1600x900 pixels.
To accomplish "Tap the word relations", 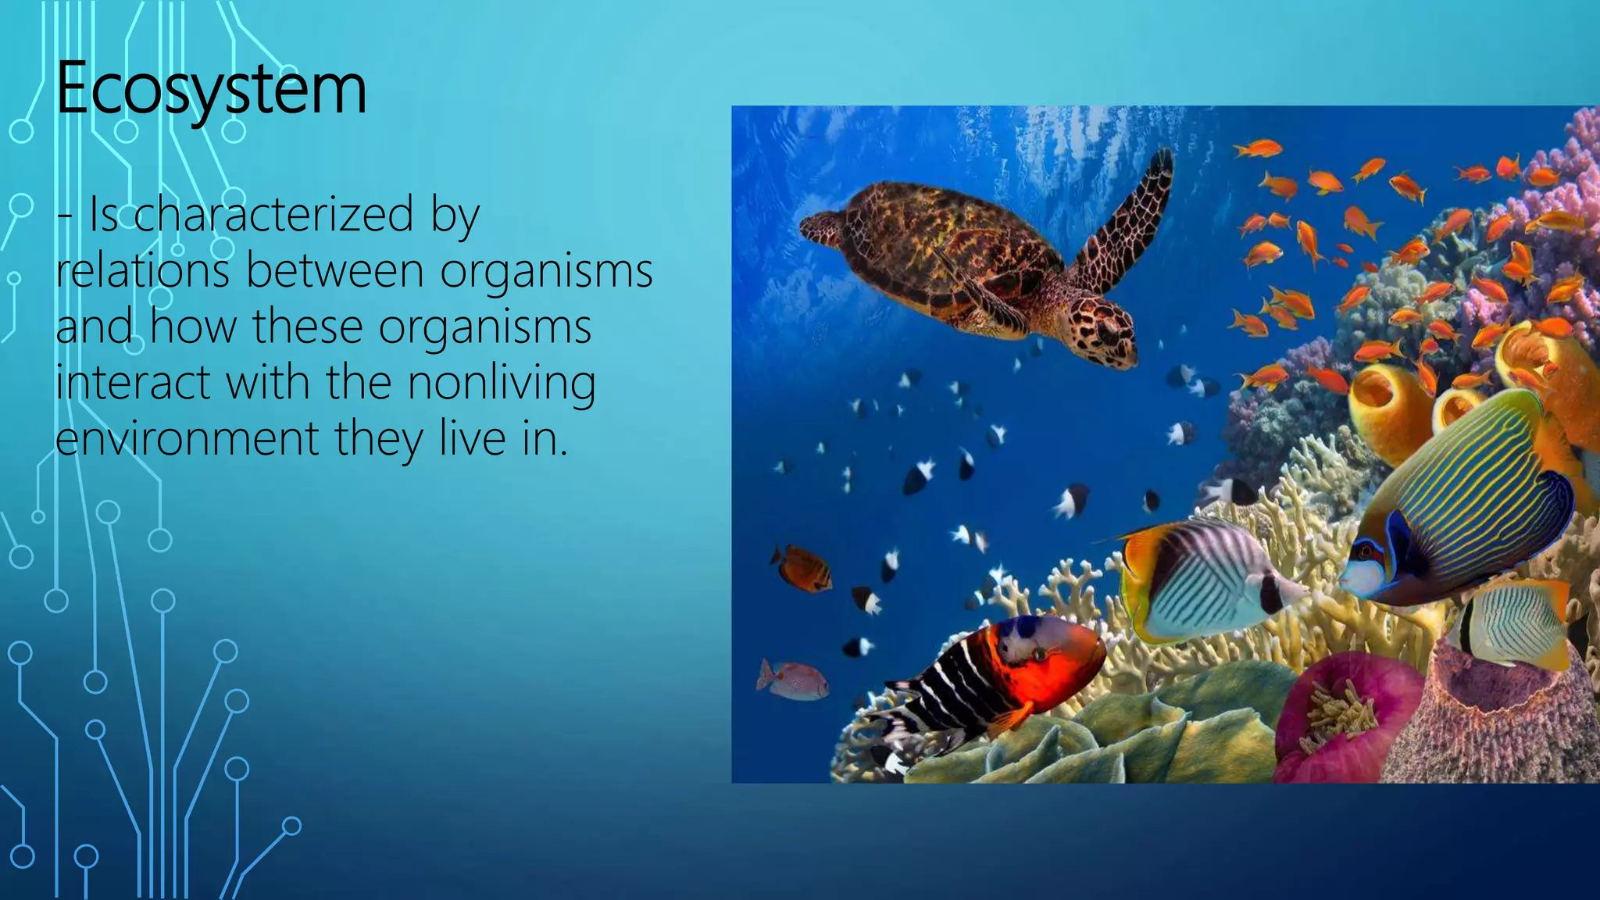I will coord(142,270).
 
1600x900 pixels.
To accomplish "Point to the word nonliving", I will coord(501,383).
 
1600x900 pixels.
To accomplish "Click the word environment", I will coord(187,438).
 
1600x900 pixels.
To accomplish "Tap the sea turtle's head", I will coord(1103,332).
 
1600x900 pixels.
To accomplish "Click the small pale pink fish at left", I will coord(793,680).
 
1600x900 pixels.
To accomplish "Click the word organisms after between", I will coord(546,270).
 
